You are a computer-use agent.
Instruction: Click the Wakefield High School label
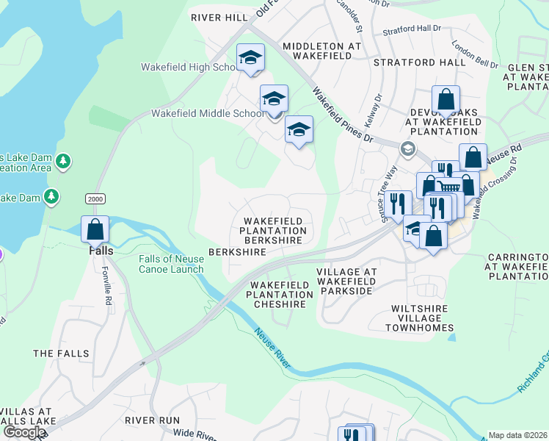188,67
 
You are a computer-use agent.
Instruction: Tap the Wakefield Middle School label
207,113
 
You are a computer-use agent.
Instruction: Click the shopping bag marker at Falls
95,229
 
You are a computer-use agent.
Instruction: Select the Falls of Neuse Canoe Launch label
171,263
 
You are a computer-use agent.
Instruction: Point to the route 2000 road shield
95,198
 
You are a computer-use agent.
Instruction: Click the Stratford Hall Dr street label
412,32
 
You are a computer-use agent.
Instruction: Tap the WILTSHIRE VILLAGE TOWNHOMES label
421,318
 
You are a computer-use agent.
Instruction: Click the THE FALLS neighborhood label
62,354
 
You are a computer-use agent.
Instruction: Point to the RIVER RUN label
152,420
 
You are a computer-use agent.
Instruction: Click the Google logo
23,431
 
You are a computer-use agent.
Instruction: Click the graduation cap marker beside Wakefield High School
250,58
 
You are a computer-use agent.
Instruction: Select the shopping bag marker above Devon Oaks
446,99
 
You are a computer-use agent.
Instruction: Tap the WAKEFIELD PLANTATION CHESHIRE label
280,295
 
